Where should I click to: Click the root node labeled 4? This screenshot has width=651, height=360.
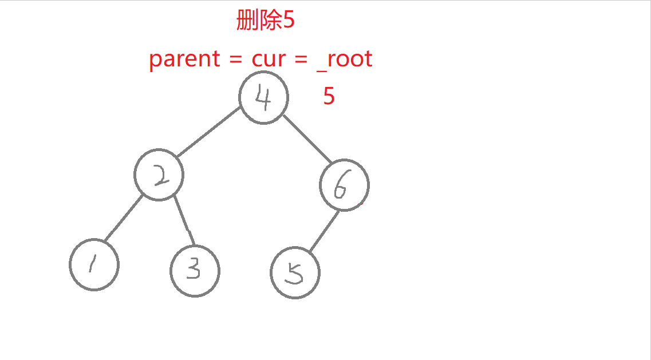coord(263,98)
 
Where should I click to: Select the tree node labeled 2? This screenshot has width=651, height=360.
coord(159,176)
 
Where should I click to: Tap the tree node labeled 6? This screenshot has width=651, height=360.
coord(344,186)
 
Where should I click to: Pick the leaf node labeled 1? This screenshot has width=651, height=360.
coord(94,265)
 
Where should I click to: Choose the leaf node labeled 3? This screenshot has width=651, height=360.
coord(195,271)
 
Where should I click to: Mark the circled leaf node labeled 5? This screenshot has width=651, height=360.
coord(295,274)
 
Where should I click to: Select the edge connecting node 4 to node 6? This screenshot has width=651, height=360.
coord(307,140)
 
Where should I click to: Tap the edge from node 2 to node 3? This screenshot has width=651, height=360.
coord(184,223)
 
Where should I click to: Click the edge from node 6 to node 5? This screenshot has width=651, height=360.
coord(325,231)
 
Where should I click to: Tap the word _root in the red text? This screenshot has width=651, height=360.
coord(344,59)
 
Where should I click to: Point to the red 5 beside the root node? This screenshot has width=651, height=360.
coord(329,96)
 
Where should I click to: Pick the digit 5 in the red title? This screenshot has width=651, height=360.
coord(289,21)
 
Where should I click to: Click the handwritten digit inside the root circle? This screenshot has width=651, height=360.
coord(262,98)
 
